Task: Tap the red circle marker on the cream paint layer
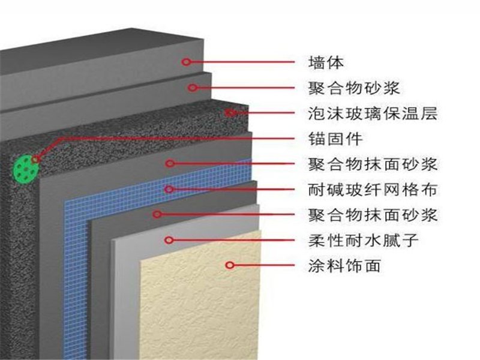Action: click(229, 264)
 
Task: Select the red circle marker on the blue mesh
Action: click(169, 189)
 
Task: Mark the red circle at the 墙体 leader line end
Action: click(187, 61)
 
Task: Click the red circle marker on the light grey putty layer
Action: click(169, 240)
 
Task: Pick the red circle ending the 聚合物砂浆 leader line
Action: click(192, 87)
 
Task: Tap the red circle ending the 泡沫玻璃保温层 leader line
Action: click(229, 112)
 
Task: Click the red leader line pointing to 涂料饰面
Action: click(264, 265)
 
